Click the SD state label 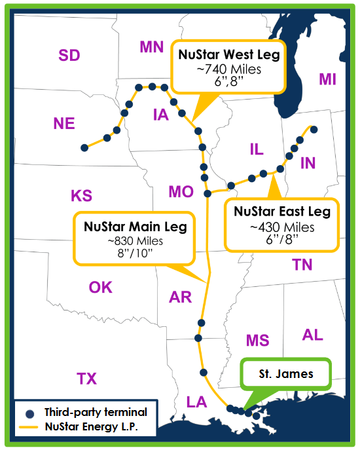click(69, 55)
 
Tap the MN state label click(151, 47)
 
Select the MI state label click(327, 79)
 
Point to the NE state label click(64, 124)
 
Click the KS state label click(81, 195)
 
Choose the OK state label click(100, 287)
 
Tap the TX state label click(86, 378)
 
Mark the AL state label click(312, 335)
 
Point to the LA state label click(196, 401)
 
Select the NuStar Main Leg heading click(135, 227)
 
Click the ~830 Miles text click(135, 241)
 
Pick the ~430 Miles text click(282, 227)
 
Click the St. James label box click(285, 375)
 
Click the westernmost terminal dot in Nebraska click(84, 148)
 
